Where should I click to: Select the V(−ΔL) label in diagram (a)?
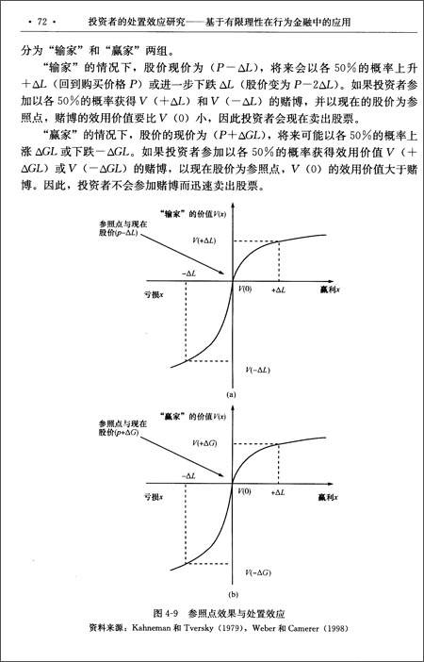point(258,369)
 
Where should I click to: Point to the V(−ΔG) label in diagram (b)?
point(258,571)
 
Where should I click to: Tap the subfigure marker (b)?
point(232,595)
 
